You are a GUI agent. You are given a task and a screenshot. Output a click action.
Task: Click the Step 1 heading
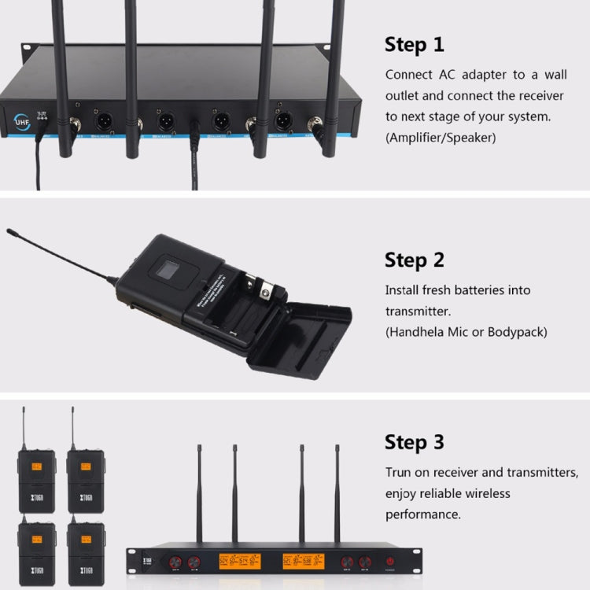pyautogui.click(x=414, y=45)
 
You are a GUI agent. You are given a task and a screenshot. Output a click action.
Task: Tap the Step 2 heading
pyautogui.click(x=414, y=260)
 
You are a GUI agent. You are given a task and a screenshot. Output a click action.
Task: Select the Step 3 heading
pyautogui.click(x=414, y=442)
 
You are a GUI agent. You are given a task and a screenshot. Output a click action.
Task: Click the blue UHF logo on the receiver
pyautogui.click(x=22, y=122)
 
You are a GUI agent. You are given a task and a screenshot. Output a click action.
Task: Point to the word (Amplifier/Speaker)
pyautogui.click(x=441, y=137)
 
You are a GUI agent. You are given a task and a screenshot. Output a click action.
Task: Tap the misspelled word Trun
pyautogui.click(x=399, y=473)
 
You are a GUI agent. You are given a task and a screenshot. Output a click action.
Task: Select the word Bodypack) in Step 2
pyautogui.click(x=521, y=332)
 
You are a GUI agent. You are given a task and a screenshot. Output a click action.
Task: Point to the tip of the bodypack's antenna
pyautogui.click(x=9, y=231)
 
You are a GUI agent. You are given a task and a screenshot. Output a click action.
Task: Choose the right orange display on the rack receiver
pyautogui.click(x=303, y=562)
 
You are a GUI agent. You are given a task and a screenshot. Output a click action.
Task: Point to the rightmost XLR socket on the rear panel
pyautogui.click(x=283, y=122)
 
